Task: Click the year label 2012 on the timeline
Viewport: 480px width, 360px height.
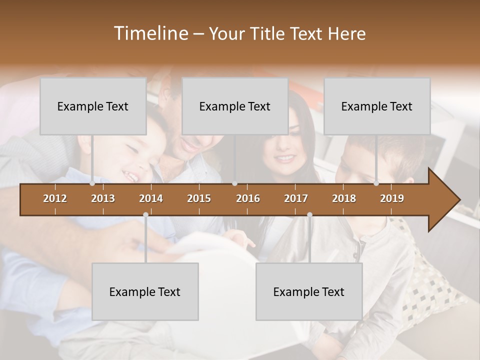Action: (55, 198)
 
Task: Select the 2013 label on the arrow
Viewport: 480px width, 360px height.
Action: (103, 198)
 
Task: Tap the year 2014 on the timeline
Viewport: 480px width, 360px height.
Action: (151, 198)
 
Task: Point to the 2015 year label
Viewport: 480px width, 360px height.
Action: (199, 198)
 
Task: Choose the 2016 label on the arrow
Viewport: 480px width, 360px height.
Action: (248, 198)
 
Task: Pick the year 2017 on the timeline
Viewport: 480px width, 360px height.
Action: (296, 198)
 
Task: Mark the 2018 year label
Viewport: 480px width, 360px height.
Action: (344, 198)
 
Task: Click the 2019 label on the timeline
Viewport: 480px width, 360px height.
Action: (392, 198)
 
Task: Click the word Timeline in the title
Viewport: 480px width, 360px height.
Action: (150, 33)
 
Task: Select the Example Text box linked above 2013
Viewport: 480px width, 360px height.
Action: (93, 106)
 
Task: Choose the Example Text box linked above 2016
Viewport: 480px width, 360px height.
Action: (235, 106)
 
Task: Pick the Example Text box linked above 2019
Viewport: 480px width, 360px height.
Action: (377, 106)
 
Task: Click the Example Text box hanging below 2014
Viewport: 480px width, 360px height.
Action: (145, 291)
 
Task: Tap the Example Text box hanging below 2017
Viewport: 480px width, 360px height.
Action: (309, 291)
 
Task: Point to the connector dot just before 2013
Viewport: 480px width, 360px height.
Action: (92, 183)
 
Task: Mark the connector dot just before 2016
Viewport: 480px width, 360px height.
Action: (234, 183)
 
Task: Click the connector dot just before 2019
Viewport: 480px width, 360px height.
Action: (376, 183)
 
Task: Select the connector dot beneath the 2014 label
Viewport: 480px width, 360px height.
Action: (145, 215)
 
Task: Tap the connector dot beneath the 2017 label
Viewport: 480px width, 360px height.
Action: (309, 215)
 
